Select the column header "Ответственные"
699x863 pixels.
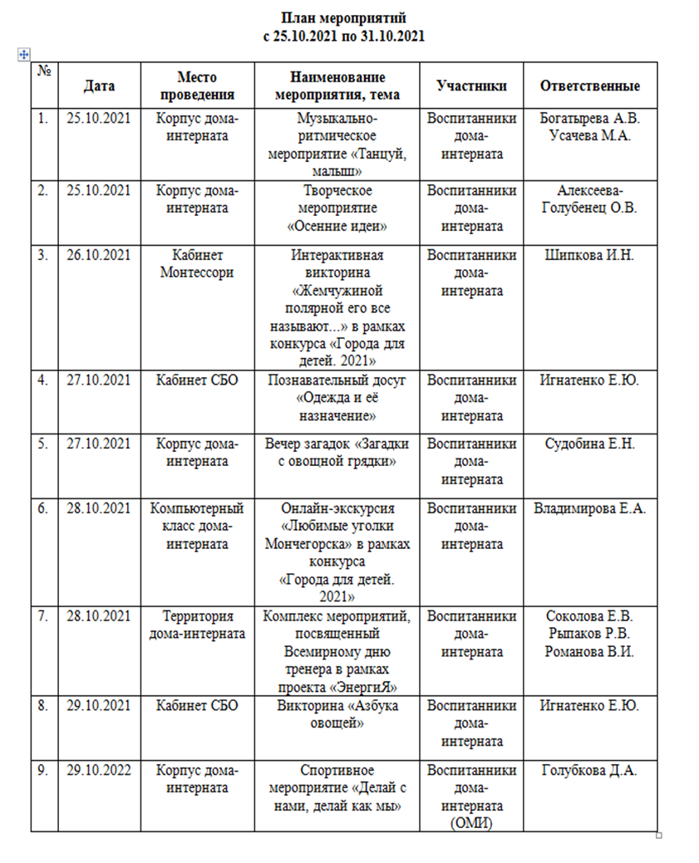pos(589,86)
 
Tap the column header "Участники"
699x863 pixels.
pos(471,86)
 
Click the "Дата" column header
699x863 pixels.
pos(99,86)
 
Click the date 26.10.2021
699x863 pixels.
pos(99,255)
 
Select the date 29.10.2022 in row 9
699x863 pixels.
pos(99,770)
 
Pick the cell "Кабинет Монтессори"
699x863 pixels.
pos(197,263)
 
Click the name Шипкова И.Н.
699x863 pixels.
pos(589,255)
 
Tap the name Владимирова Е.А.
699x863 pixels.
pos(589,508)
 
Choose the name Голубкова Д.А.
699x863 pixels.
pos(589,770)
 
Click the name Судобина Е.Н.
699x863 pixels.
pos(589,444)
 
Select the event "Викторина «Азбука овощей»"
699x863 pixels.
pos(343,714)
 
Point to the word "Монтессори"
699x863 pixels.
pos(197,272)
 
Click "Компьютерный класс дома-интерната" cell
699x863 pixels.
pos(197,526)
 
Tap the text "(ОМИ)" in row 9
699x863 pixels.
pos(471,823)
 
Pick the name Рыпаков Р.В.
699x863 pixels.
pos(589,634)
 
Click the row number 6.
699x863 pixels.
pos(42,508)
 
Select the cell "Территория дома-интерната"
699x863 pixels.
pos(197,625)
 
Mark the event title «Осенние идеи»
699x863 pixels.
pos(343,225)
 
